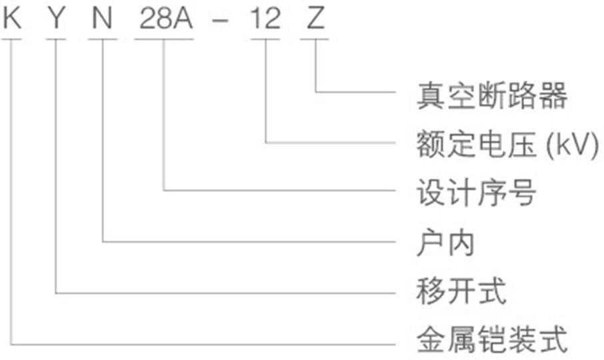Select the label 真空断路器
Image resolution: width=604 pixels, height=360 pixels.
(x=492, y=96)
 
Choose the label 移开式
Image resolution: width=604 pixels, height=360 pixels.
(x=461, y=292)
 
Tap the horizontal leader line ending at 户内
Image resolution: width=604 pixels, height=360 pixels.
(x=253, y=241)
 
